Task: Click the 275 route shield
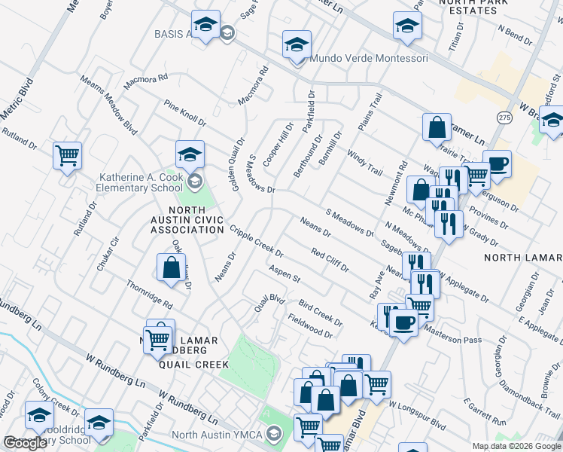pyautogui.click(x=504, y=118)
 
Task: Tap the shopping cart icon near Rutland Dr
pyautogui.click(x=67, y=156)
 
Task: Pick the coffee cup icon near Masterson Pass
pyautogui.click(x=405, y=323)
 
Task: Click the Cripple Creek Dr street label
pyautogui.click(x=257, y=241)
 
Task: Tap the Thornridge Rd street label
pyautogui.click(x=150, y=295)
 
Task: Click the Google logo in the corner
pyautogui.click(x=26, y=443)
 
